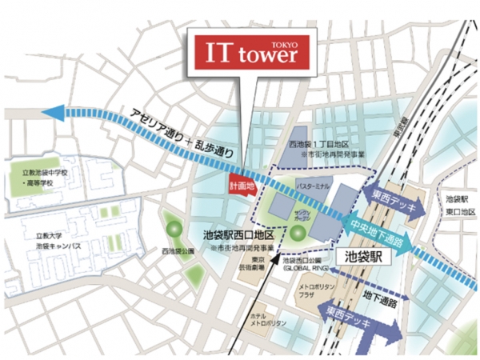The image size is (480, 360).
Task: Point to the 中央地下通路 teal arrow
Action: click(x=376, y=228)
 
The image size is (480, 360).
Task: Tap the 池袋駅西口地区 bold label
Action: click(x=238, y=236)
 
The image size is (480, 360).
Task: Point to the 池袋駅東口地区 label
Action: click(x=458, y=203)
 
